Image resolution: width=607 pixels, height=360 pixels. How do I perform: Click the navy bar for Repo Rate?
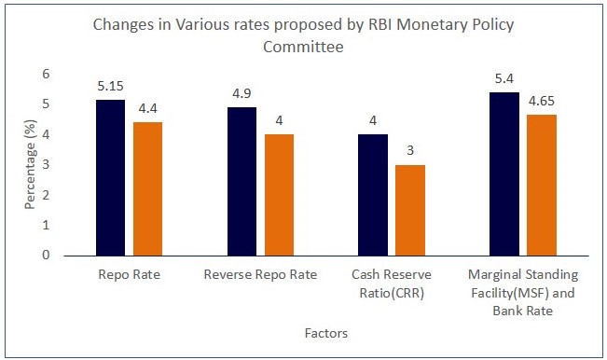pos(111,177)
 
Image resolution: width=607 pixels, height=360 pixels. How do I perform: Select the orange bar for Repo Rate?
pos(148,188)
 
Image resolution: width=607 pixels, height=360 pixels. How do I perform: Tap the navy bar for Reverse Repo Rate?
pos(241,181)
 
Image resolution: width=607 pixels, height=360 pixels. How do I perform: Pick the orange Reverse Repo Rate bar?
pos(279,195)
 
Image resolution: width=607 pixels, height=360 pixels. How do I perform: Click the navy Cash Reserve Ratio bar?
pos(372,195)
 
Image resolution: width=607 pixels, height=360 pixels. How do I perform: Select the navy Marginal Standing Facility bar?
pos(504,173)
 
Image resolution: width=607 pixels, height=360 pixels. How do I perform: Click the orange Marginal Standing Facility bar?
pos(542,185)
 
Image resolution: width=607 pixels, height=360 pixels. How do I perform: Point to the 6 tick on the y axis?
pos(45,74)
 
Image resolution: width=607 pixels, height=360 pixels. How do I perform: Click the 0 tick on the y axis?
pos(45,255)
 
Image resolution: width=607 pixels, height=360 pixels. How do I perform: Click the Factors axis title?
pos(325,332)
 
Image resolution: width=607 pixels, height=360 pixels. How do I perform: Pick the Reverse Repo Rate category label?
pos(260,275)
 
